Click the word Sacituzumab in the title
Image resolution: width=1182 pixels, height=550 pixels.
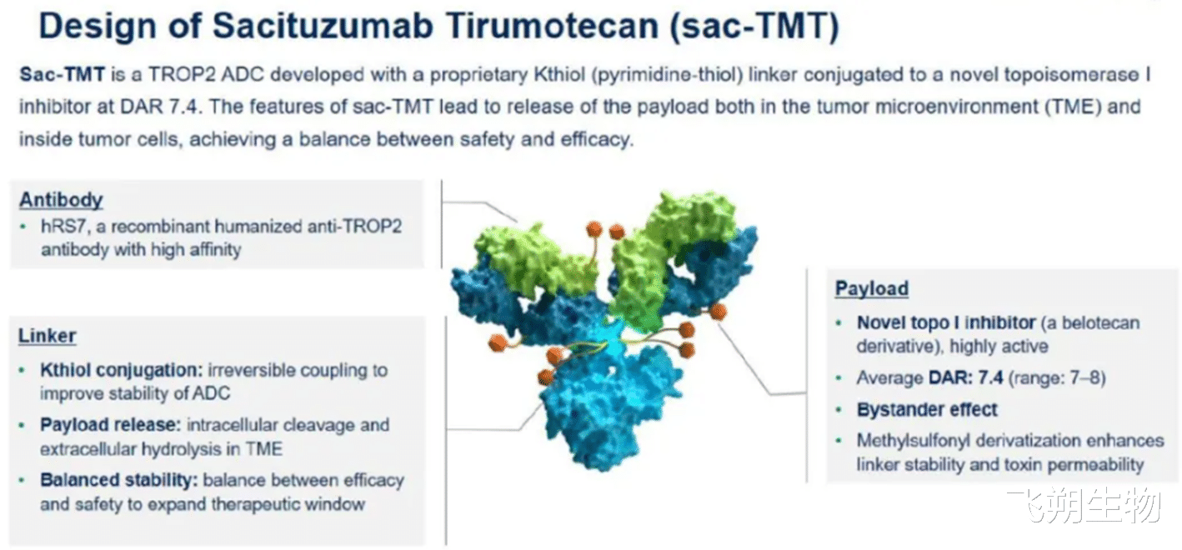tap(323, 25)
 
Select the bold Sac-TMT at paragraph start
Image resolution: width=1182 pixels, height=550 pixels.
tap(63, 74)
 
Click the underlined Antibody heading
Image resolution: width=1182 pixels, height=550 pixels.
tap(61, 200)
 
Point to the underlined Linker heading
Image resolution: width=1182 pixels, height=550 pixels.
tap(48, 336)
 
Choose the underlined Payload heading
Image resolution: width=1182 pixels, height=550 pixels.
tap(872, 288)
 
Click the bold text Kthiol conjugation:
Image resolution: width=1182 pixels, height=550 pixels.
tap(122, 370)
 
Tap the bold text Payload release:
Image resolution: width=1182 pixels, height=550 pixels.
tap(111, 425)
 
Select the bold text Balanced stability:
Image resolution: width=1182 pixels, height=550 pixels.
tap(118, 480)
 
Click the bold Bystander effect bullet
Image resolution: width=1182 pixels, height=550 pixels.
tap(927, 410)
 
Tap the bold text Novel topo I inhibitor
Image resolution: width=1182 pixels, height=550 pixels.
tap(946, 322)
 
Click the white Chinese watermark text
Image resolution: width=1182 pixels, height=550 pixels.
tap(1084, 505)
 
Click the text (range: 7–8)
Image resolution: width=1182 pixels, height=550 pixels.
tap(1057, 377)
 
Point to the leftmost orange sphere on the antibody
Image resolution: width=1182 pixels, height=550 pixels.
tap(497, 343)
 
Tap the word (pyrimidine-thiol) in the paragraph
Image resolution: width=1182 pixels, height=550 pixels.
tap(668, 75)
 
